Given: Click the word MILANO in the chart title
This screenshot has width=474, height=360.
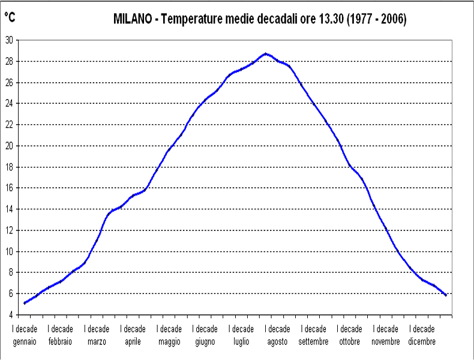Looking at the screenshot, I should pyautogui.click(x=133, y=19).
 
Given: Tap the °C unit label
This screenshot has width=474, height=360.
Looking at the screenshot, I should pyautogui.click(x=10, y=18).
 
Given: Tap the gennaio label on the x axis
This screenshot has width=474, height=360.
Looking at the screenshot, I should pyautogui.click(x=25, y=341).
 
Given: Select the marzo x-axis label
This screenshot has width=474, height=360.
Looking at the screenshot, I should pyautogui.click(x=97, y=341).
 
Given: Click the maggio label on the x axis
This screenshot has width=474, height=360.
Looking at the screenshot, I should pyautogui.click(x=170, y=341).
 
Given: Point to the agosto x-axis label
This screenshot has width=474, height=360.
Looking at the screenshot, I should pyautogui.click(x=278, y=341).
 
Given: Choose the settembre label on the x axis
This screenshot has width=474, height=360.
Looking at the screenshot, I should pyautogui.click(x=314, y=341).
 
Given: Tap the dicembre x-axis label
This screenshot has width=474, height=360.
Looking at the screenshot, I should pyautogui.click(x=422, y=341).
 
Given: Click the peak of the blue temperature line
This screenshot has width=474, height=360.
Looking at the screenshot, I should pyautogui.click(x=265, y=53).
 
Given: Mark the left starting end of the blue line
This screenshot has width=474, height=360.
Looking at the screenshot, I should pyautogui.click(x=24, y=303).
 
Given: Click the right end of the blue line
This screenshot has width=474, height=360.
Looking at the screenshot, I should pyautogui.click(x=445, y=295).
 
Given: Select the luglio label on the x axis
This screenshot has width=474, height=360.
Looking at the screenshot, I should pyautogui.click(x=242, y=341).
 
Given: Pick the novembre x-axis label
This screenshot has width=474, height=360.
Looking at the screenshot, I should pyautogui.click(x=386, y=341).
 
